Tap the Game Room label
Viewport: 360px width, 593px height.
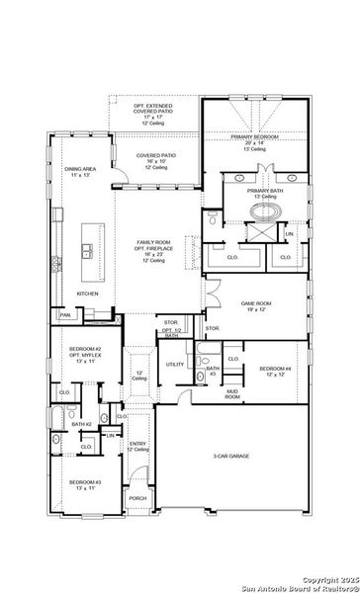point(256,305)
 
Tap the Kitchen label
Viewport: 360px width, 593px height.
point(88,294)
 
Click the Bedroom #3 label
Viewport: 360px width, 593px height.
point(84,483)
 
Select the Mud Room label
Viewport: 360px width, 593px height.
point(232,392)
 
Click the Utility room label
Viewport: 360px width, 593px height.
point(175,364)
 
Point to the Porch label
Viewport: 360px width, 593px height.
point(137,498)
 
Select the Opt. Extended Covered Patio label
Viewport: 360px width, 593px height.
point(153,109)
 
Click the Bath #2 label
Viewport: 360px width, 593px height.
point(81,424)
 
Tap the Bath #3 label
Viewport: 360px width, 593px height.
point(212,370)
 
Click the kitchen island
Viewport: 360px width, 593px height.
point(93,241)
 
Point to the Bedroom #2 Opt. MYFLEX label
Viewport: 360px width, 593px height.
point(85,353)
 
